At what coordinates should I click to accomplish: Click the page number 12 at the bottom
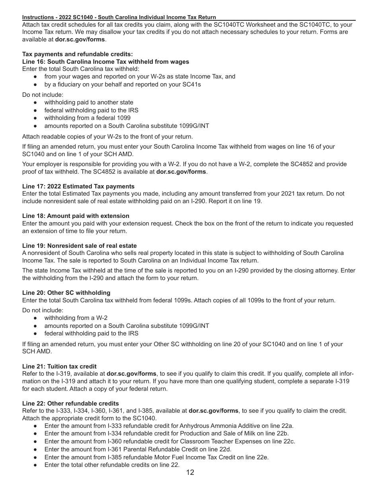click(190, 472)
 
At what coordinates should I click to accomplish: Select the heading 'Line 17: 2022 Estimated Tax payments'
click(78, 186)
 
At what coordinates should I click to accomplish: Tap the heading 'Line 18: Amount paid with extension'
click(76, 216)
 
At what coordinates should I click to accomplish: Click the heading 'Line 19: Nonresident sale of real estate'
click(80, 246)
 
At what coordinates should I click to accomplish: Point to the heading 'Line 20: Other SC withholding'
click(66, 293)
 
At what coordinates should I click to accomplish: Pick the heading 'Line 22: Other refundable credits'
click(70, 404)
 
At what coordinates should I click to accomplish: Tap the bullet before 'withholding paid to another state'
click(35, 102)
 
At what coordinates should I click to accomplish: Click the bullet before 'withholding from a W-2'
click(35, 318)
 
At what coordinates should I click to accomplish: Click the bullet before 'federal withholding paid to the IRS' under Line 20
click(35, 333)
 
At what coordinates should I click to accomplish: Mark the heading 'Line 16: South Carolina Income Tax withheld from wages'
click(105, 62)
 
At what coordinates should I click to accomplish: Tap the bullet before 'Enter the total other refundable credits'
click(35, 465)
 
